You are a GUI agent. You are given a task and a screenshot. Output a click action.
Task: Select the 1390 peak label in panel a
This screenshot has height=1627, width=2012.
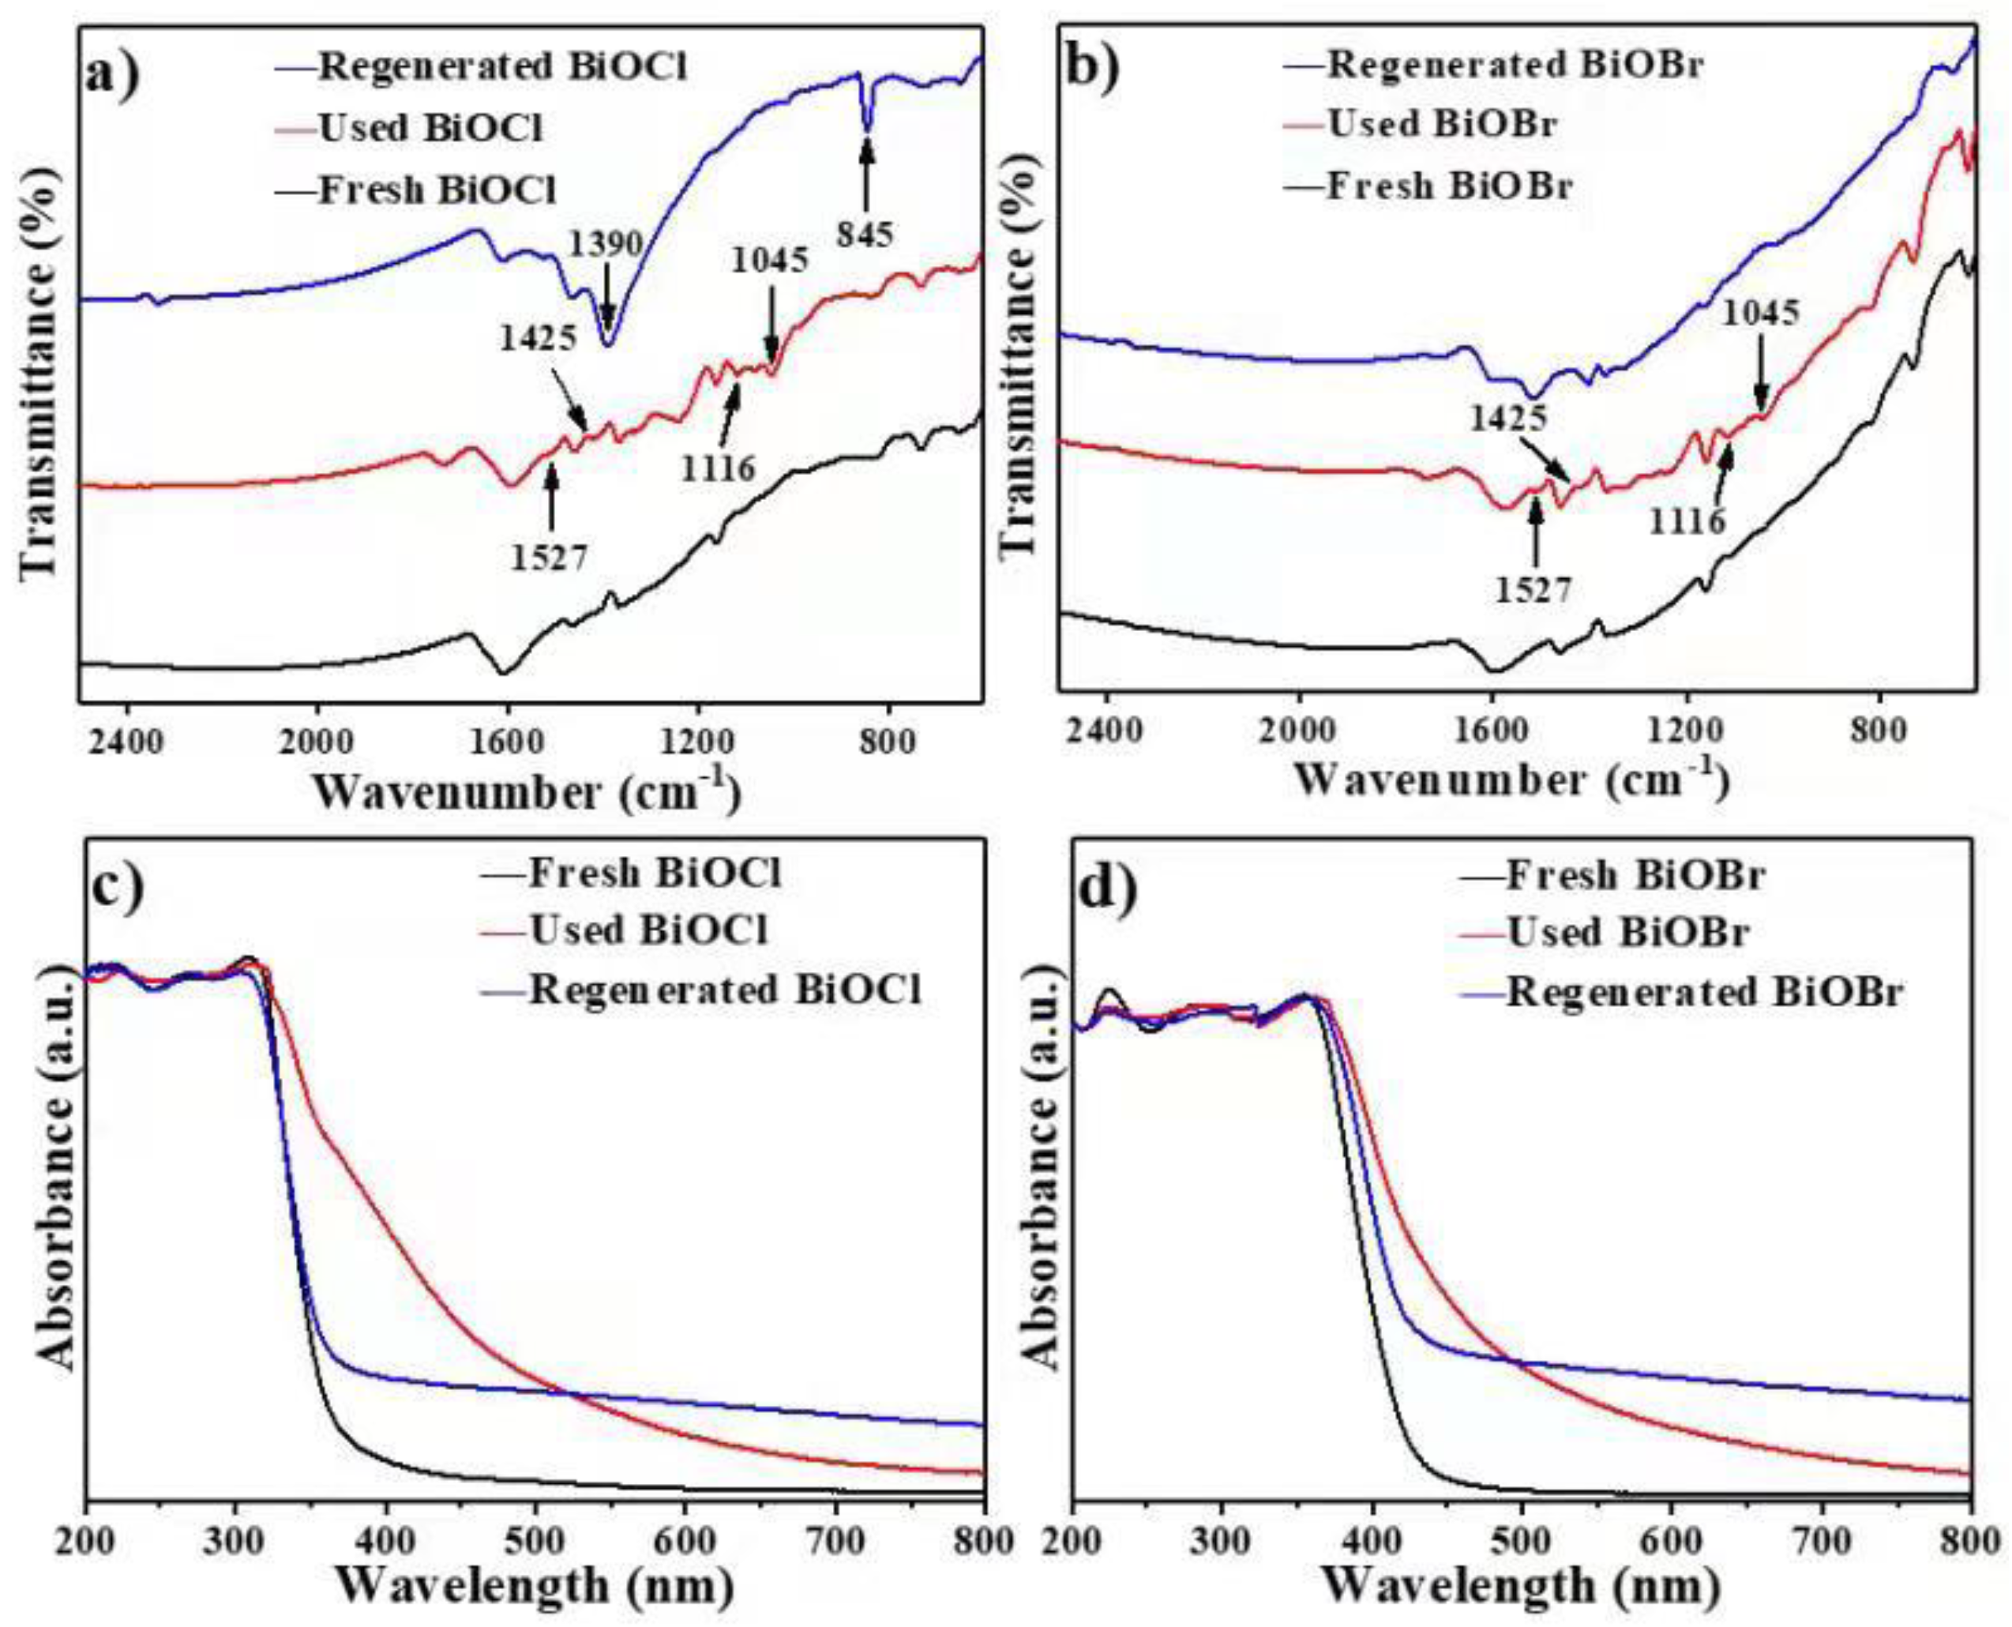pyautogui.click(x=607, y=245)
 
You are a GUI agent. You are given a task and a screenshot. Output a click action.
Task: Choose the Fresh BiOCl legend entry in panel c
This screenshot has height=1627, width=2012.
pyautogui.click(x=653, y=873)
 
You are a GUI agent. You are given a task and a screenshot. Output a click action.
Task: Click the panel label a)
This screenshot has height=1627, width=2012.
pyautogui.click(x=112, y=71)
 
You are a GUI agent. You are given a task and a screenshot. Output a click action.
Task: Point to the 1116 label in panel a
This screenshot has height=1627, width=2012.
pyautogui.click(x=718, y=466)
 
